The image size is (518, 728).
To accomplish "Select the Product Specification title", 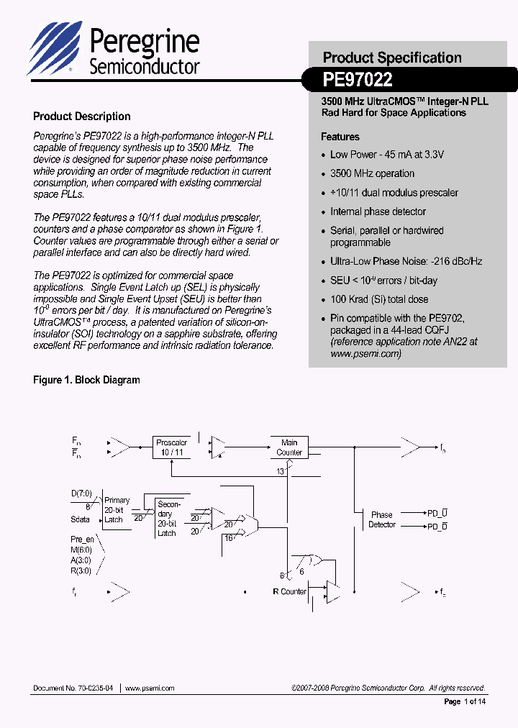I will coord(392,58).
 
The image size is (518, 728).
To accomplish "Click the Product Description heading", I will coord(82,117).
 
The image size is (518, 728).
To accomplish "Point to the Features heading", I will coord(340,137).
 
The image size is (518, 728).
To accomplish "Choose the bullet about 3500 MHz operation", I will coord(372,173).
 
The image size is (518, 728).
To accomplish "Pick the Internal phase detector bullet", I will coord(378,211).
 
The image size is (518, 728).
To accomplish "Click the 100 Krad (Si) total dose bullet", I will coord(378,299).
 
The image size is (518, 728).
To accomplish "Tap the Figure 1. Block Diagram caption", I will coord(86,380).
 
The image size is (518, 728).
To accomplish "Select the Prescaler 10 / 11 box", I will coord(172,447).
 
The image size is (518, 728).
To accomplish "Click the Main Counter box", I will coord(289,447).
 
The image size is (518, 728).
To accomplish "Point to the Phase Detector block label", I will coord(382,519).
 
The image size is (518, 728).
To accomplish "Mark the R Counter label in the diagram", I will coord(289,591).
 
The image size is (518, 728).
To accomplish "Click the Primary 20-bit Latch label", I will coord(117,509).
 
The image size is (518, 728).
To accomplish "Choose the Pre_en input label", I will coord(83,539).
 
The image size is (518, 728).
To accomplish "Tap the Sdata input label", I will coord(81,519).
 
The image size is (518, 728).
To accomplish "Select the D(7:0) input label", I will coord(82,493).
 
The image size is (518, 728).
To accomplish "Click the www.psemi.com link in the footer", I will coord(150,688).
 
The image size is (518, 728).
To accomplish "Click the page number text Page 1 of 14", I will coord(464,701).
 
